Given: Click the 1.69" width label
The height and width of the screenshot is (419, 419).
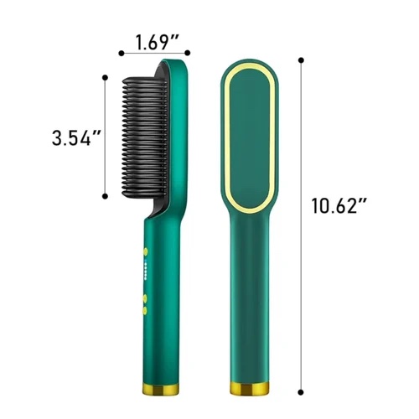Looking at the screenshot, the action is (x=157, y=43).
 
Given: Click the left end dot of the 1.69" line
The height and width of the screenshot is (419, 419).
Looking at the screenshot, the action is (x=122, y=53).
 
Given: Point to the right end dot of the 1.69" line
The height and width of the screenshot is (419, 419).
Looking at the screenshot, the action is (x=188, y=53).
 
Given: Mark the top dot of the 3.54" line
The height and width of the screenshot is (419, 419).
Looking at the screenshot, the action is (x=105, y=78).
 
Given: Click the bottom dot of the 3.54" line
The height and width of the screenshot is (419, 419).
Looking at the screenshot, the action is (x=105, y=196).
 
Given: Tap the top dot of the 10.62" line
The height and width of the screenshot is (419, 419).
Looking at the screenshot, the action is (x=301, y=60).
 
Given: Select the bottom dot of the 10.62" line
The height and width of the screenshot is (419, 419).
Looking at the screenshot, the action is (x=301, y=392).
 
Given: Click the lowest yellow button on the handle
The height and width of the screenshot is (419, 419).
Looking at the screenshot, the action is (x=145, y=310).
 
